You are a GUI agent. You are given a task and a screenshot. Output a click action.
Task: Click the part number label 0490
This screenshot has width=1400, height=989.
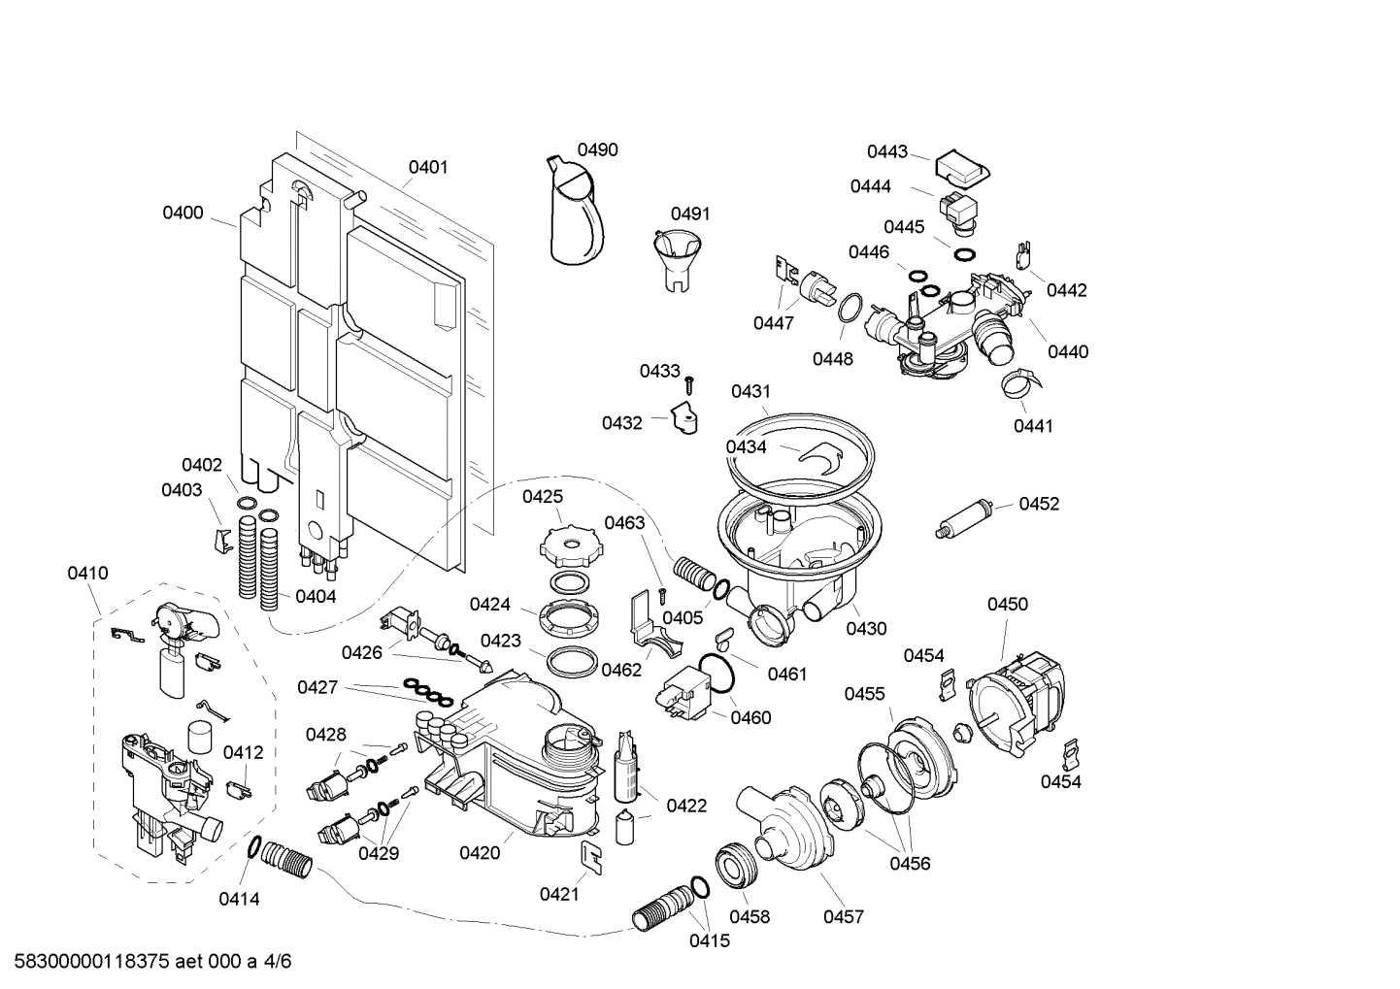(x=597, y=149)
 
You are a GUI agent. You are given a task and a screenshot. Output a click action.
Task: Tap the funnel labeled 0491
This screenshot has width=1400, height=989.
(x=673, y=257)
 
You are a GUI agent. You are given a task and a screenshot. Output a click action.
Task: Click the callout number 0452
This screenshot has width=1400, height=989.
(x=1039, y=504)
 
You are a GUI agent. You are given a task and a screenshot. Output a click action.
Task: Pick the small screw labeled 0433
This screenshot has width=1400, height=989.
(x=689, y=383)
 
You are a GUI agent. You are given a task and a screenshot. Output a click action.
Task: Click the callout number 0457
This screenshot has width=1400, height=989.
(x=843, y=916)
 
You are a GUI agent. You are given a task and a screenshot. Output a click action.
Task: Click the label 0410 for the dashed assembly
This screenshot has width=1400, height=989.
(x=87, y=574)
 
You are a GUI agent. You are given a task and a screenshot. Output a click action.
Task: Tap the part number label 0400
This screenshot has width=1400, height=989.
(x=183, y=213)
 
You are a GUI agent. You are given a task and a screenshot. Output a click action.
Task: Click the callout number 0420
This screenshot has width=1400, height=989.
(x=480, y=853)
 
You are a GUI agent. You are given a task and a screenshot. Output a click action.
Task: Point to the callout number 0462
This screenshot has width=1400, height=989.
(x=621, y=670)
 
